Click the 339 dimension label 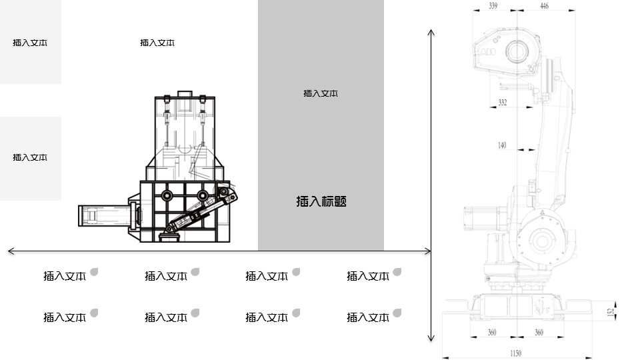[493, 6]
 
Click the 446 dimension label [545, 6]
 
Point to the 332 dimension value [503, 103]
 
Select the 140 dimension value [502, 145]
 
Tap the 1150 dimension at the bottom [515, 353]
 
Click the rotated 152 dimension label [611, 312]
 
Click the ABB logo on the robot [488, 52]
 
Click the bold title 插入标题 [321, 201]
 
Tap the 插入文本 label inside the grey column [321, 93]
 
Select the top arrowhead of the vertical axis [431, 32]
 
